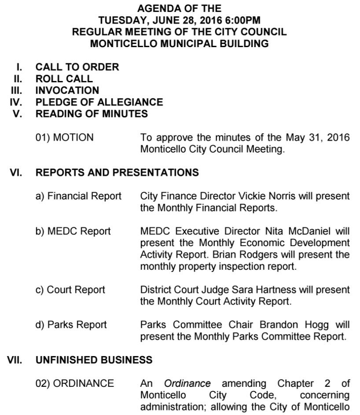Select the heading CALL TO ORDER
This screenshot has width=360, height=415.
77,67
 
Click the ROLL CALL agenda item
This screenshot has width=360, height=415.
64,79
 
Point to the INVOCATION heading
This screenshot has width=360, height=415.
67,91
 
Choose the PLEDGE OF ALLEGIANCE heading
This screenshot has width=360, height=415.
99,103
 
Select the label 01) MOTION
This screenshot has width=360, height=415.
64,138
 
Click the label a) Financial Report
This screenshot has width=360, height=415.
78,196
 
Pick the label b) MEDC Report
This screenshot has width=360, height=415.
73,231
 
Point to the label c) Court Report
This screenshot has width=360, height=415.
70,290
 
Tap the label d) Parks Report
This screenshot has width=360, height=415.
71,325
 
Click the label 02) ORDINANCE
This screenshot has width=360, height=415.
74,383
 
